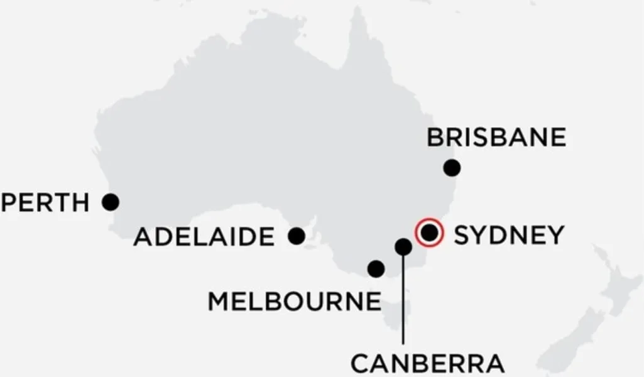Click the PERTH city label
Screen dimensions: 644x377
point(46,203)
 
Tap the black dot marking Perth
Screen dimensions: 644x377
point(111,202)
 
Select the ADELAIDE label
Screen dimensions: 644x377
point(204,238)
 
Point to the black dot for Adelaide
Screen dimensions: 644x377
point(297,236)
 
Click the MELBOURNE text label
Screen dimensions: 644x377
point(294,302)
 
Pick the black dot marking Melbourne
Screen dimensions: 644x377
point(376,269)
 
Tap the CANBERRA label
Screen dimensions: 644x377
point(427,363)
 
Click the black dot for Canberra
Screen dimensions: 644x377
point(403,247)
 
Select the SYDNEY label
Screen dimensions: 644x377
point(509,235)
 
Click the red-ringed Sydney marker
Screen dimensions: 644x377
point(429,233)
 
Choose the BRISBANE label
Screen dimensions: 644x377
point(496,138)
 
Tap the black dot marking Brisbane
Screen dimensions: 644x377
point(451,168)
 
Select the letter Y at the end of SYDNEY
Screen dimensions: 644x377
point(554,235)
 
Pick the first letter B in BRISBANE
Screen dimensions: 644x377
point(435,138)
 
